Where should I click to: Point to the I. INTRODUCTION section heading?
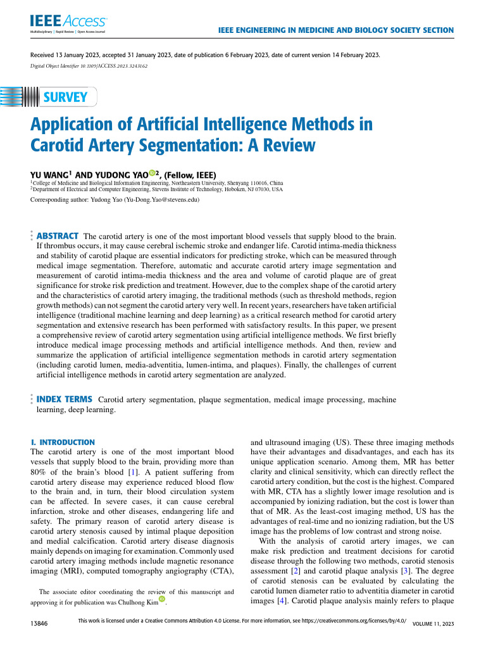(63, 442)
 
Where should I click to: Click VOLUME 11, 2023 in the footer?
(433, 624)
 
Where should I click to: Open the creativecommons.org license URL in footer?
(342, 622)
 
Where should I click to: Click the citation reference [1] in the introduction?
(133, 472)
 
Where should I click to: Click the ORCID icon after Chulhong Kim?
(162, 601)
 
